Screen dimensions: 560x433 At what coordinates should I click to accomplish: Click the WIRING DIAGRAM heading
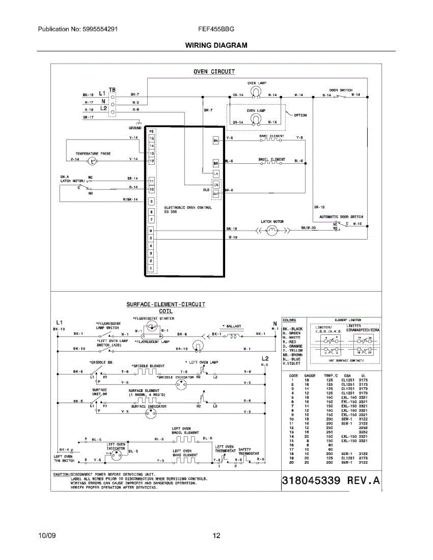coord(216,45)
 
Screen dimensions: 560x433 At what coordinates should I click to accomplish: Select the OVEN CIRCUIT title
coord(214,72)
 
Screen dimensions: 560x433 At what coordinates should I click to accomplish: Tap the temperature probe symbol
coord(92,161)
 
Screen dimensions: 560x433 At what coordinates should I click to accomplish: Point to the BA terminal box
coord(216,140)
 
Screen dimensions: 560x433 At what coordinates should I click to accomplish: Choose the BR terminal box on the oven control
coord(216,164)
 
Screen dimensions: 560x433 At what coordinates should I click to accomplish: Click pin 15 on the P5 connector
coord(151,139)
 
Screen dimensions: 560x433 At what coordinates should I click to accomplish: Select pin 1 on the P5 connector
coord(151,268)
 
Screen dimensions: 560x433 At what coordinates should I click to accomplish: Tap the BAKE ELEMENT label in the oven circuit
coord(271,136)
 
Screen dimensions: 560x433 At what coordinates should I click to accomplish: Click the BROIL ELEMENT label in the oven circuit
coord(271,159)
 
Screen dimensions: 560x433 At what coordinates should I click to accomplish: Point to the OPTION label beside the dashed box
coord(300,115)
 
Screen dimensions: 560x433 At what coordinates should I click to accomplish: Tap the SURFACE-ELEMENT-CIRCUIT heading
coord(166,304)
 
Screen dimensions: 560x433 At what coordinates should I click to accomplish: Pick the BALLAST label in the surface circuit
coord(232,326)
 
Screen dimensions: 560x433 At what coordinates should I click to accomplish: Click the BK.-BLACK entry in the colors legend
coord(293,329)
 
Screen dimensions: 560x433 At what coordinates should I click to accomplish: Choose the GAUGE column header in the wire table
coord(310,376)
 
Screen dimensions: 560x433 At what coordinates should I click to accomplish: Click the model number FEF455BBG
coord(216,29)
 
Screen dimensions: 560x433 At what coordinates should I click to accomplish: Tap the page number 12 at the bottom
coord(216,536)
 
